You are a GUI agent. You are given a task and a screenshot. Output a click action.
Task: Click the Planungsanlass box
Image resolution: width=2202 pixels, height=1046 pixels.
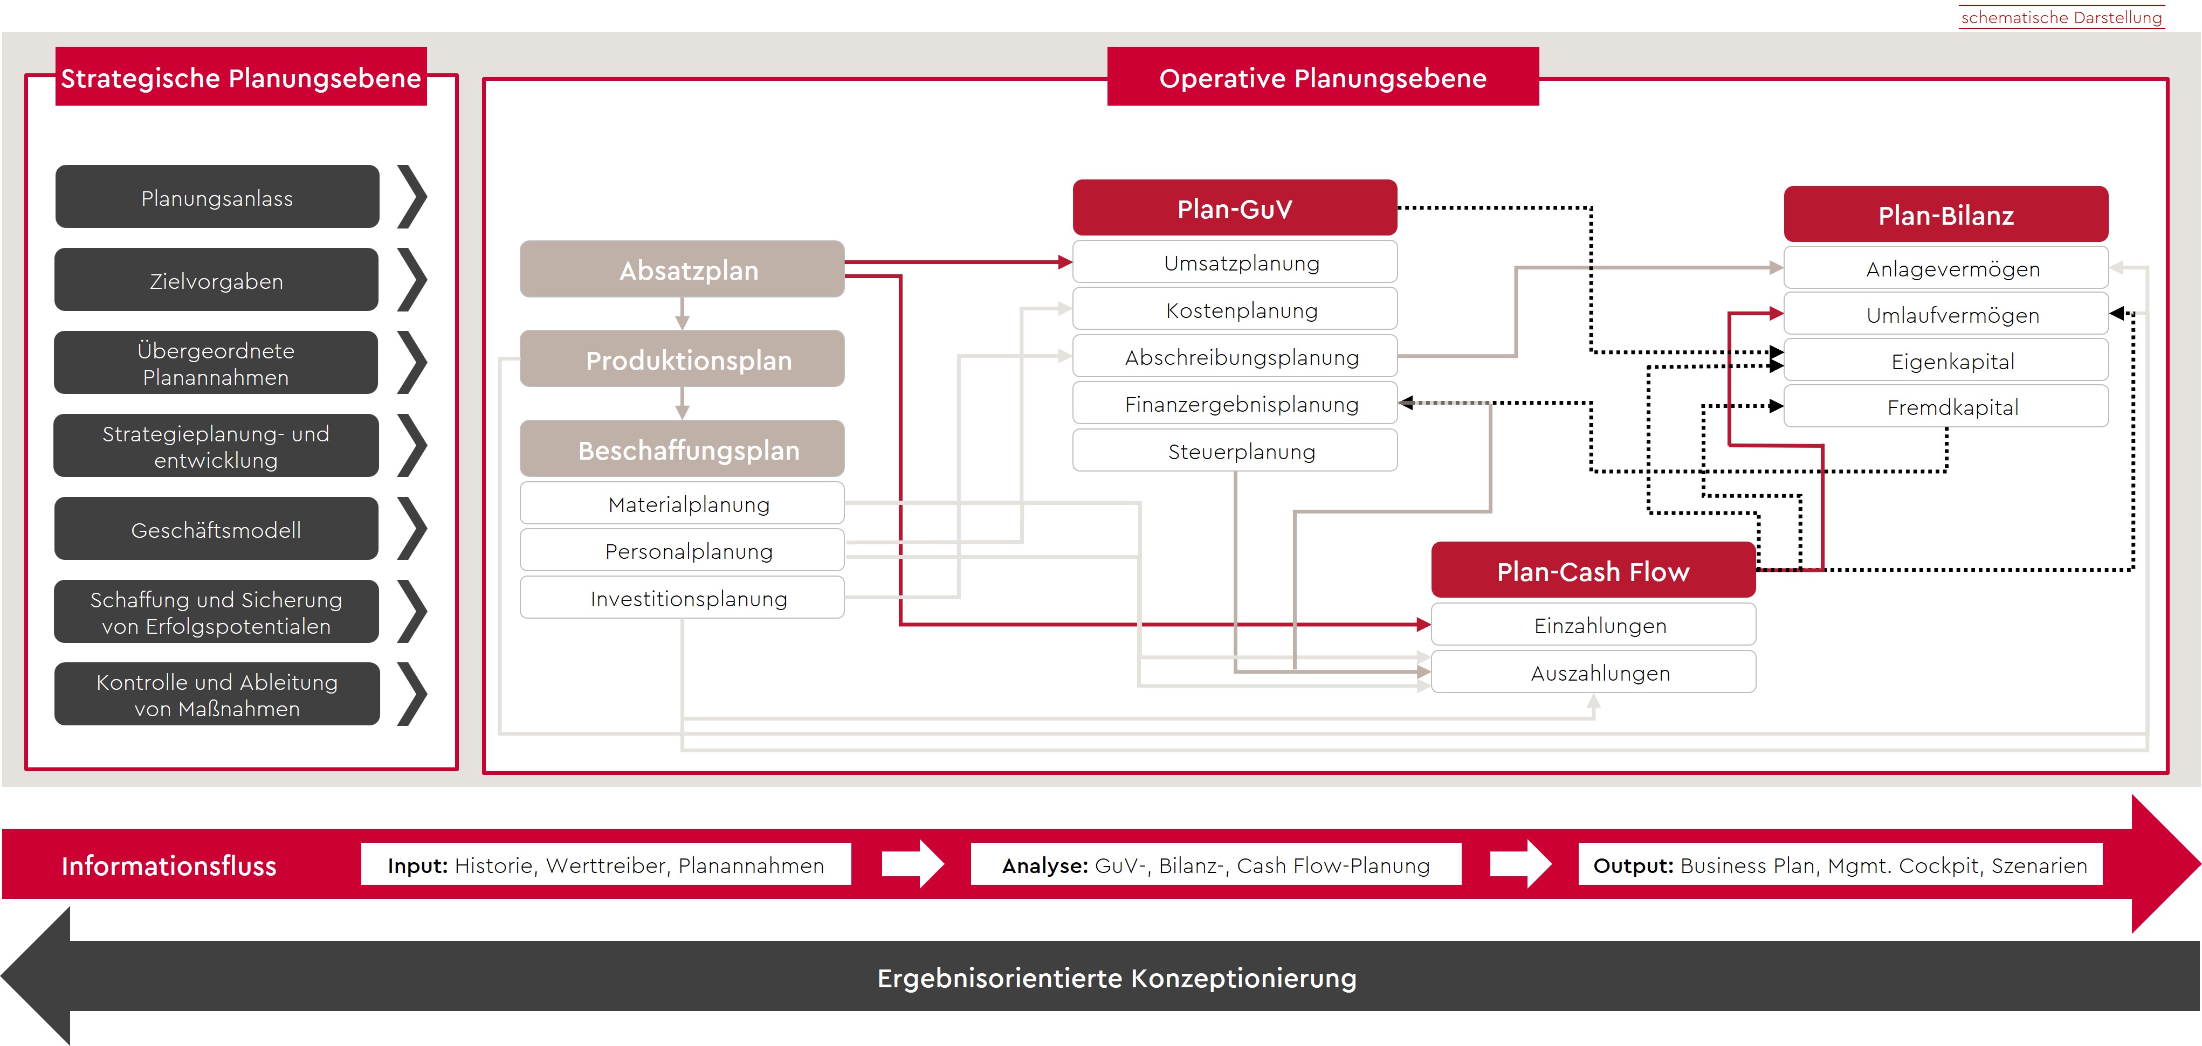(x=217, y=197)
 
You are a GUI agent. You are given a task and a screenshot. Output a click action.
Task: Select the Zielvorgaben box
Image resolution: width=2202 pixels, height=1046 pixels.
(x=216, y=280)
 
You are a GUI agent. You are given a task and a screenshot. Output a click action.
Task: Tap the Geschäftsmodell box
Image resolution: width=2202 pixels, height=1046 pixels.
(x=216, y=529)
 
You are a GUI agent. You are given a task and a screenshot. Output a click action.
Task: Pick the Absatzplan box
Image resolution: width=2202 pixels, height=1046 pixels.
(x=682, y=269)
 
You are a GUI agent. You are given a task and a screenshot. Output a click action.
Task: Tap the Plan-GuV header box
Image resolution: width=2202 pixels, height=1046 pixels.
(x=1234, y=207)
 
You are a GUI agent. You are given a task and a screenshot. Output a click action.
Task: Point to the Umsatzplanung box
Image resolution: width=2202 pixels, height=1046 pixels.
(x=1234, y=262)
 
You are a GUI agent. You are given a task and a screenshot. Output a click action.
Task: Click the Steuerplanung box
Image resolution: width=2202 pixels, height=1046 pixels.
(x=1234, y=451)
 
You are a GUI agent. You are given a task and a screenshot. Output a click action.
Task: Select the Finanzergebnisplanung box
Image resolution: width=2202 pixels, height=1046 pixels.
(x=1234, y=403)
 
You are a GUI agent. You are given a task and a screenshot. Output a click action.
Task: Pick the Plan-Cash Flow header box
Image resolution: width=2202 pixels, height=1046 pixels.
(x=1593, y=570)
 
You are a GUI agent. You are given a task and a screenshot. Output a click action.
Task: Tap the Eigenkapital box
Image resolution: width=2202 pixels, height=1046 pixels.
(x=1945, y=361)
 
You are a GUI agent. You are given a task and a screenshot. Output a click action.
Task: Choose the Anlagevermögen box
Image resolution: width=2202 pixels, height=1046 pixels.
(x=1945, y=268)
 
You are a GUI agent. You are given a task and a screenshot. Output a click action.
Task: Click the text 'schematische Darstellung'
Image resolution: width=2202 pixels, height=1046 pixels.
(x=2061, y=17)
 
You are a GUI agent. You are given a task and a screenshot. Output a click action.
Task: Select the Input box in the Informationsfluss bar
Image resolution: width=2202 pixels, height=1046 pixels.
(x=605, y=865)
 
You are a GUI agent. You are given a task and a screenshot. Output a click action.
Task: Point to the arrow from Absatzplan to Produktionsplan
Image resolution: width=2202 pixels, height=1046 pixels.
(x=682, y=314)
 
